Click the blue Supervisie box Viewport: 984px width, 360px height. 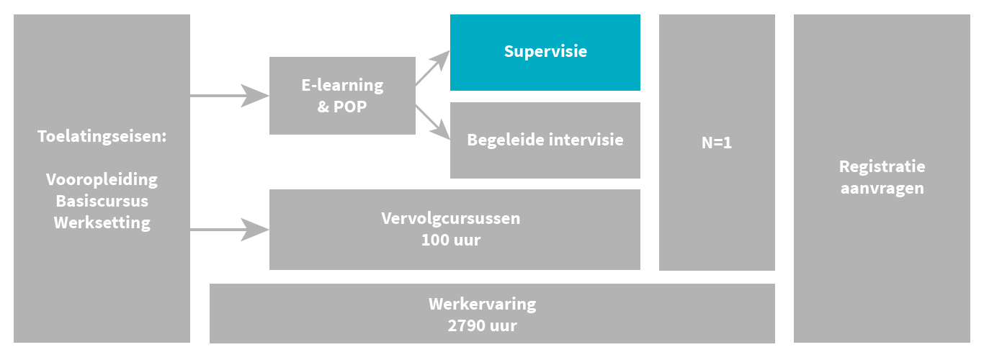[545, 52]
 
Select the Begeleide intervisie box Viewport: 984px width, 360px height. [545, 140]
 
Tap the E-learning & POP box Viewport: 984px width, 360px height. [342, 96]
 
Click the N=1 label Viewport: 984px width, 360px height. [717, 143]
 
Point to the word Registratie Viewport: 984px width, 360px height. [882, 166]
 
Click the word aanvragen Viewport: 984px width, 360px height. [882, 189]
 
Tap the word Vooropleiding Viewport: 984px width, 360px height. [102, 179]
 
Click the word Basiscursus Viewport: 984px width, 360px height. [102, 201]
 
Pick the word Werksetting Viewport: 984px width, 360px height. [102, 222]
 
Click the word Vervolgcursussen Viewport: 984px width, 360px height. [450, 217]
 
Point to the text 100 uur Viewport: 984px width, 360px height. [450, 240]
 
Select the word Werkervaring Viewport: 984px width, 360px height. [482, 303]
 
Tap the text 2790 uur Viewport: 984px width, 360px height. [482, 325]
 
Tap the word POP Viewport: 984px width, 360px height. [351, 107]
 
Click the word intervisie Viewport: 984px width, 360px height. [586, 140]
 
